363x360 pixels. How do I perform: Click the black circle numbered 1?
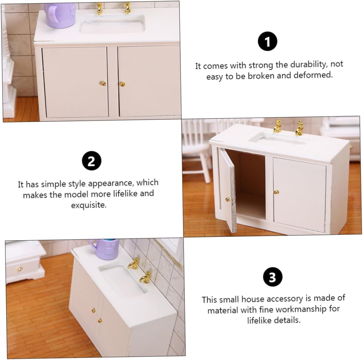click(x=267, y=41)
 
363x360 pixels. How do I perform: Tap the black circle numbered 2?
click(x=91, y=161)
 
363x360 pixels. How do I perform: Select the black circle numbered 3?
click(x=273, y=277)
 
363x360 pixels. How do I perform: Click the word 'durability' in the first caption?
click(x=307, y=64)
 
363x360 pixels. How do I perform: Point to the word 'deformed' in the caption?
click(x=313, y=75)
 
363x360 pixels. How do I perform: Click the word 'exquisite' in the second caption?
click(x=89, y=205)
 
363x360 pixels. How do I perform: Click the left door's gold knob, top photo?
click(x=103, y=83)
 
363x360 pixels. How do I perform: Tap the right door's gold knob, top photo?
click(x=122, y=84)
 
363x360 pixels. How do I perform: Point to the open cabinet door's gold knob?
click(x=228, y=199)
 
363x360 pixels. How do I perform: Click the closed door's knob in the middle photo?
click(x=276, y=192)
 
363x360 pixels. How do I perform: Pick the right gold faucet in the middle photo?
click(x=299, y=128)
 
